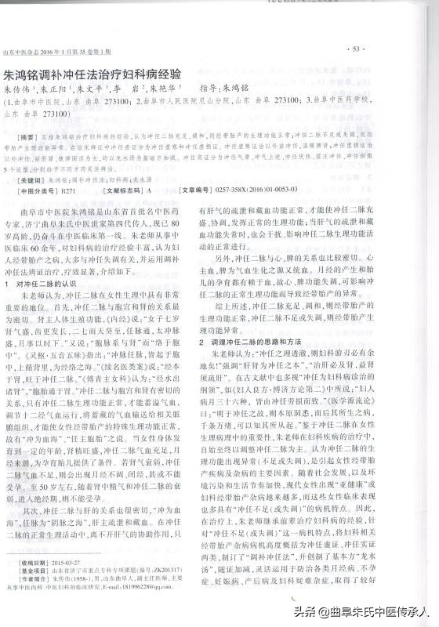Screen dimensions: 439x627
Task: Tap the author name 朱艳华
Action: pyautogui.click(x=166, y=91)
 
